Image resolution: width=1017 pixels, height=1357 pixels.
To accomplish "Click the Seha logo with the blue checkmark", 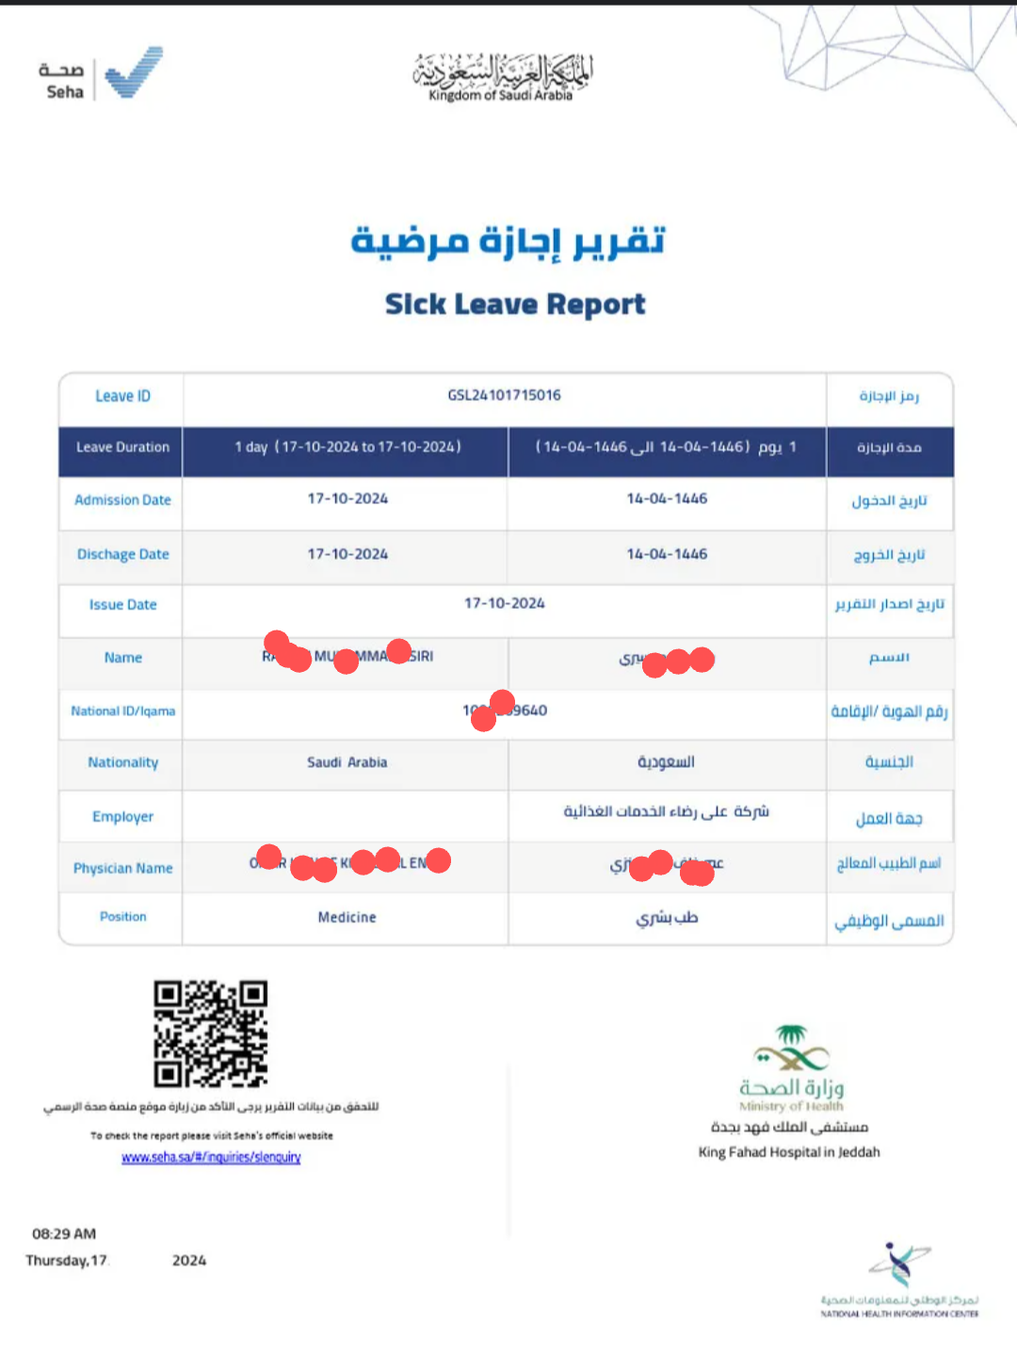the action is coord(101,74).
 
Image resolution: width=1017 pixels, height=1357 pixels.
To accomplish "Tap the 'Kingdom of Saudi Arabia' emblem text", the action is coord(501,95).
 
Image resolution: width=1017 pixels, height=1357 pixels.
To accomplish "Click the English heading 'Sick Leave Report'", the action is coord(515,304).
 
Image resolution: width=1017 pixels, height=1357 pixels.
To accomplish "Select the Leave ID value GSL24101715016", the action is coord(504,395).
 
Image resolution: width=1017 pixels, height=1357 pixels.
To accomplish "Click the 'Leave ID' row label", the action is coord(122,396).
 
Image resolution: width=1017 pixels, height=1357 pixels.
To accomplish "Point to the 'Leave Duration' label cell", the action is coord(122,447).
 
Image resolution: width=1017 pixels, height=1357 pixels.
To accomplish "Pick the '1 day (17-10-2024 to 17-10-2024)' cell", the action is coord(347,447).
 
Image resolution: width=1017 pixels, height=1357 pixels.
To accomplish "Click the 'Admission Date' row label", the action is coord(122,499).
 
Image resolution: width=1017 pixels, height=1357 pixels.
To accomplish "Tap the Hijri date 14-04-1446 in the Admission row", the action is coord(667,499).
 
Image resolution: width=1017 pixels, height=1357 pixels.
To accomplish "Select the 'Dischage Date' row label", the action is coord(122,554).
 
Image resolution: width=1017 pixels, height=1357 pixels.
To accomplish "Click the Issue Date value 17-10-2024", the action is coord(504,603).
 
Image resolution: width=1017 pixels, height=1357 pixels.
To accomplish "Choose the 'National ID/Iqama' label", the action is coord(122,711).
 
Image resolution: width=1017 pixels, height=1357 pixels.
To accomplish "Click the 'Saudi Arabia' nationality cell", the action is coord(347,762).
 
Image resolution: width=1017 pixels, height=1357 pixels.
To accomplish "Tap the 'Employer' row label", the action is coord(122,816).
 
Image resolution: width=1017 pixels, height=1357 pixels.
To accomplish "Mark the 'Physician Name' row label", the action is coord(122,868).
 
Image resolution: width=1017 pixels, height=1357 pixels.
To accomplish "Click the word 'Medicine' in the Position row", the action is coord(347,917).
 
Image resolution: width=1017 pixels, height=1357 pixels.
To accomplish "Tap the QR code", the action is coord(211,1034).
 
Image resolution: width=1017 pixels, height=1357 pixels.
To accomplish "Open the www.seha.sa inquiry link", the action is coord(211,1157).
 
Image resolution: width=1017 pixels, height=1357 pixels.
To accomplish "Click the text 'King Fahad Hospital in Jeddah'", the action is coord(789,1152).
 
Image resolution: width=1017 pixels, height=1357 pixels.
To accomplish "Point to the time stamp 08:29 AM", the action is coord(64,1234).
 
